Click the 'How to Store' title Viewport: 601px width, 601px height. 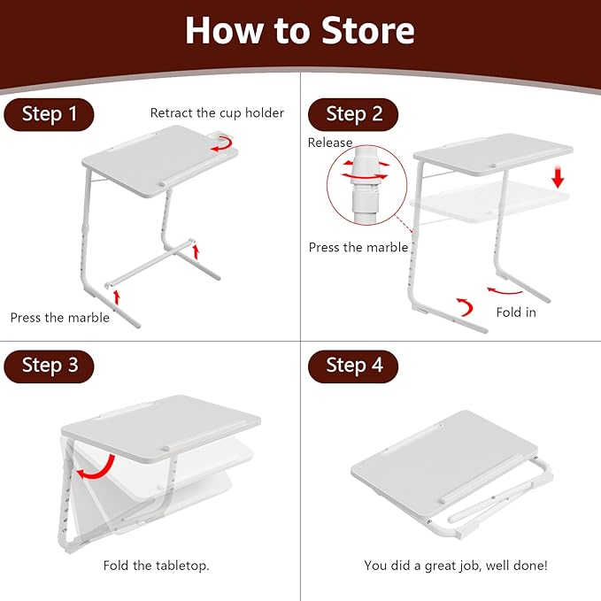click(x=300, y=31)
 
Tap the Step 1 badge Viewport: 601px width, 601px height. click(x=49, y=115)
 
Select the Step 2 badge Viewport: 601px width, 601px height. click(x=353, y=114)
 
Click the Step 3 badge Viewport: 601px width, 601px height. click(x=49, y=366)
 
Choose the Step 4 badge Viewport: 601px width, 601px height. click(x=353, y=366)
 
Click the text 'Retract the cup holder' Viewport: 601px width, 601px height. click(x=217, y=113)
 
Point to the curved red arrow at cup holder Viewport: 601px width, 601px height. click(x=225, y=144)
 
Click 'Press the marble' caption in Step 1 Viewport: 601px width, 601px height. click(x=59, y=318)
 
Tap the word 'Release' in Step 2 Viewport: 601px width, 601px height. click(x=330, y=143)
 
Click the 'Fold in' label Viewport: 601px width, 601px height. click(x=517, y=312)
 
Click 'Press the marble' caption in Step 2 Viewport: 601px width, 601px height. click(x=358, y=248)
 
